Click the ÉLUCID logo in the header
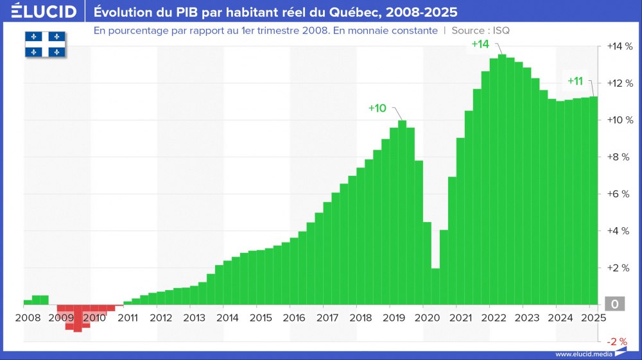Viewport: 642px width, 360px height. tap(40, 12)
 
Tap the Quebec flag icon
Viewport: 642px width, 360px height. tap(46, 44)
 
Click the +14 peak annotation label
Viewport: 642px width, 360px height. tap(480, 44)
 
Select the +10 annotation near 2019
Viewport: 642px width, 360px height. tap(377, 108)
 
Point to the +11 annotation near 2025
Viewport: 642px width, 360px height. tap(575, 81)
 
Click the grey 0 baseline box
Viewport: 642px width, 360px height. tap(614, 305)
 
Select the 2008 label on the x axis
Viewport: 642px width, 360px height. tap(28, 318)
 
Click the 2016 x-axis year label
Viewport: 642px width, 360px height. tap(293, 318)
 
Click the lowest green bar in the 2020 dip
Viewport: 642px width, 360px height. tap(435, 286)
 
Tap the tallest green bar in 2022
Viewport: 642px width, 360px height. tap(502, 180)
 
